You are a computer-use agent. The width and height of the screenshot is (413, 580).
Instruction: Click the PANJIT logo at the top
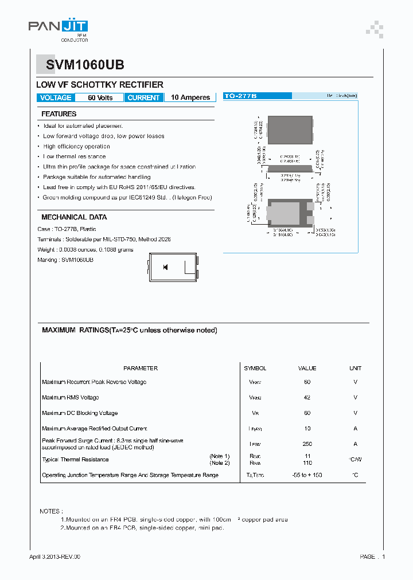(58, 27)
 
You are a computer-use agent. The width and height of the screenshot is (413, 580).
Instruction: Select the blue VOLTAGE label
(56, 98)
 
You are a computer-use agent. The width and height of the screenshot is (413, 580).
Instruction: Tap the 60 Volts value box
(100, 98)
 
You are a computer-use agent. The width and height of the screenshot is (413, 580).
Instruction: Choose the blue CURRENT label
(143, 98)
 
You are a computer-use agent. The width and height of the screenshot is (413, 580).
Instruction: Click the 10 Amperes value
(190, 98)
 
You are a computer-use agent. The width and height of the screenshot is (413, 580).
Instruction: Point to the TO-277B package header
(240, 96)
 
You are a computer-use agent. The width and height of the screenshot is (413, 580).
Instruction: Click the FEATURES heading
(59, 114)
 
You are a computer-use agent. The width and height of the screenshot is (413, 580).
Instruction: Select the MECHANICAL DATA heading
(74, 218)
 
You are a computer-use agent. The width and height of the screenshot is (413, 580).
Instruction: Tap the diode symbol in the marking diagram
(165, 267)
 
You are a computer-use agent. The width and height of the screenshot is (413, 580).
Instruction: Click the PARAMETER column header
(140, 369)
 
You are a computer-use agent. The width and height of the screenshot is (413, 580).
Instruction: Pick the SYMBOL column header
(255, 369)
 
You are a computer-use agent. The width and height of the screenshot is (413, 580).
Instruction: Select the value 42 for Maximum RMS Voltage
(307, 398)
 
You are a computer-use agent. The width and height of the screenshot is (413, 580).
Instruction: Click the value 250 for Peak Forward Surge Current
(307, 444)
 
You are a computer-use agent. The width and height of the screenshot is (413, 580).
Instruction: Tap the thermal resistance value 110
(307, 463)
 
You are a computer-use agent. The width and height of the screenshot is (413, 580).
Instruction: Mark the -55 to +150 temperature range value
(307, 475)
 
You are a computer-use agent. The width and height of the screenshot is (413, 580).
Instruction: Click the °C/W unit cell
(355, 460)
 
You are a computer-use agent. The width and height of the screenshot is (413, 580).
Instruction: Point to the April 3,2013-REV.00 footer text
(55, 557)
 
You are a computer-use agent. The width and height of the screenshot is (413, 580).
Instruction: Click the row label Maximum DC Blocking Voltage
(80, 413)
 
